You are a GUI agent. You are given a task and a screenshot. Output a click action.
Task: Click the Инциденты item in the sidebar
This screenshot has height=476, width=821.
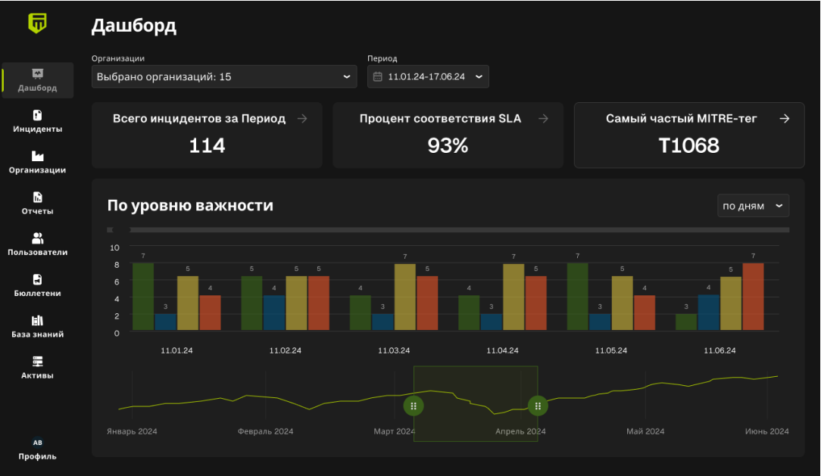click(37, 121)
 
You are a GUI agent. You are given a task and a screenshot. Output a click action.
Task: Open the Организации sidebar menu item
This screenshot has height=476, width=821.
click(37, 162)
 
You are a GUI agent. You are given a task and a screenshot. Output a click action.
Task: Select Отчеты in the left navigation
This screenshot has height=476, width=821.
click(37, 203)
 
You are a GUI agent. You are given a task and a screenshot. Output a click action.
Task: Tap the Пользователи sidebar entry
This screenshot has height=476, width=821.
click(37, 244)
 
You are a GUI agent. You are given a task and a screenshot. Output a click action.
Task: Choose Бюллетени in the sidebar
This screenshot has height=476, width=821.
click(37, 285)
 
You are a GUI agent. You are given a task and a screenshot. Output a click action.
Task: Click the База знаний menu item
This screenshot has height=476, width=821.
click(37, 326)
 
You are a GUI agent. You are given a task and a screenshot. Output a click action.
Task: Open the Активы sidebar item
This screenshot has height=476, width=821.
click(37, 367)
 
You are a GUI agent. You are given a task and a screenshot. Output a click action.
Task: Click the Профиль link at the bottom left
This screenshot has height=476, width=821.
click(37, 450)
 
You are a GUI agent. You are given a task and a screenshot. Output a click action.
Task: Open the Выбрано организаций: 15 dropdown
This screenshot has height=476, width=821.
click(224, 76)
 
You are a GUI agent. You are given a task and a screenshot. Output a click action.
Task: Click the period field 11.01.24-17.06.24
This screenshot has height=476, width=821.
click(428, 76)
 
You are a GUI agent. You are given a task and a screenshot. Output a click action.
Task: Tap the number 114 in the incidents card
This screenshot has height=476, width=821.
click(207, 145)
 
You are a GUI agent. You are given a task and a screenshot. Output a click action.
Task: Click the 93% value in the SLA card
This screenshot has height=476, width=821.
click(448, 145)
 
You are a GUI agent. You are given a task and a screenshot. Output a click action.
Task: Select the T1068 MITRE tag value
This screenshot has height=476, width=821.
click(688, 145)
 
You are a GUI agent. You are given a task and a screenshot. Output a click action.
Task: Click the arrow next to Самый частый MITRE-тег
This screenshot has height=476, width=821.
click(785, 119)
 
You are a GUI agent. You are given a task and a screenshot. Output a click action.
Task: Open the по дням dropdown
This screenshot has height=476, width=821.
click(753, 206)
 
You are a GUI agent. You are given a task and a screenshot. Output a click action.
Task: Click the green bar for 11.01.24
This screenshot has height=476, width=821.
click(143, 297)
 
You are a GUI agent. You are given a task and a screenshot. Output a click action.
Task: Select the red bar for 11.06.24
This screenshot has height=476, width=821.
click(753, 297)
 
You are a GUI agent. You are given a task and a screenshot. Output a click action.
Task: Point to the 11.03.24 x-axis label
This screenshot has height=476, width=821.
click(394, 350)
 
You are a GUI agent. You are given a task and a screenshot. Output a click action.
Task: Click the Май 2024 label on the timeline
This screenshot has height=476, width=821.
click(645, 431)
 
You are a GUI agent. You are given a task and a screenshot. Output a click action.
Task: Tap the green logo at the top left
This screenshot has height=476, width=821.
click(38, 23)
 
